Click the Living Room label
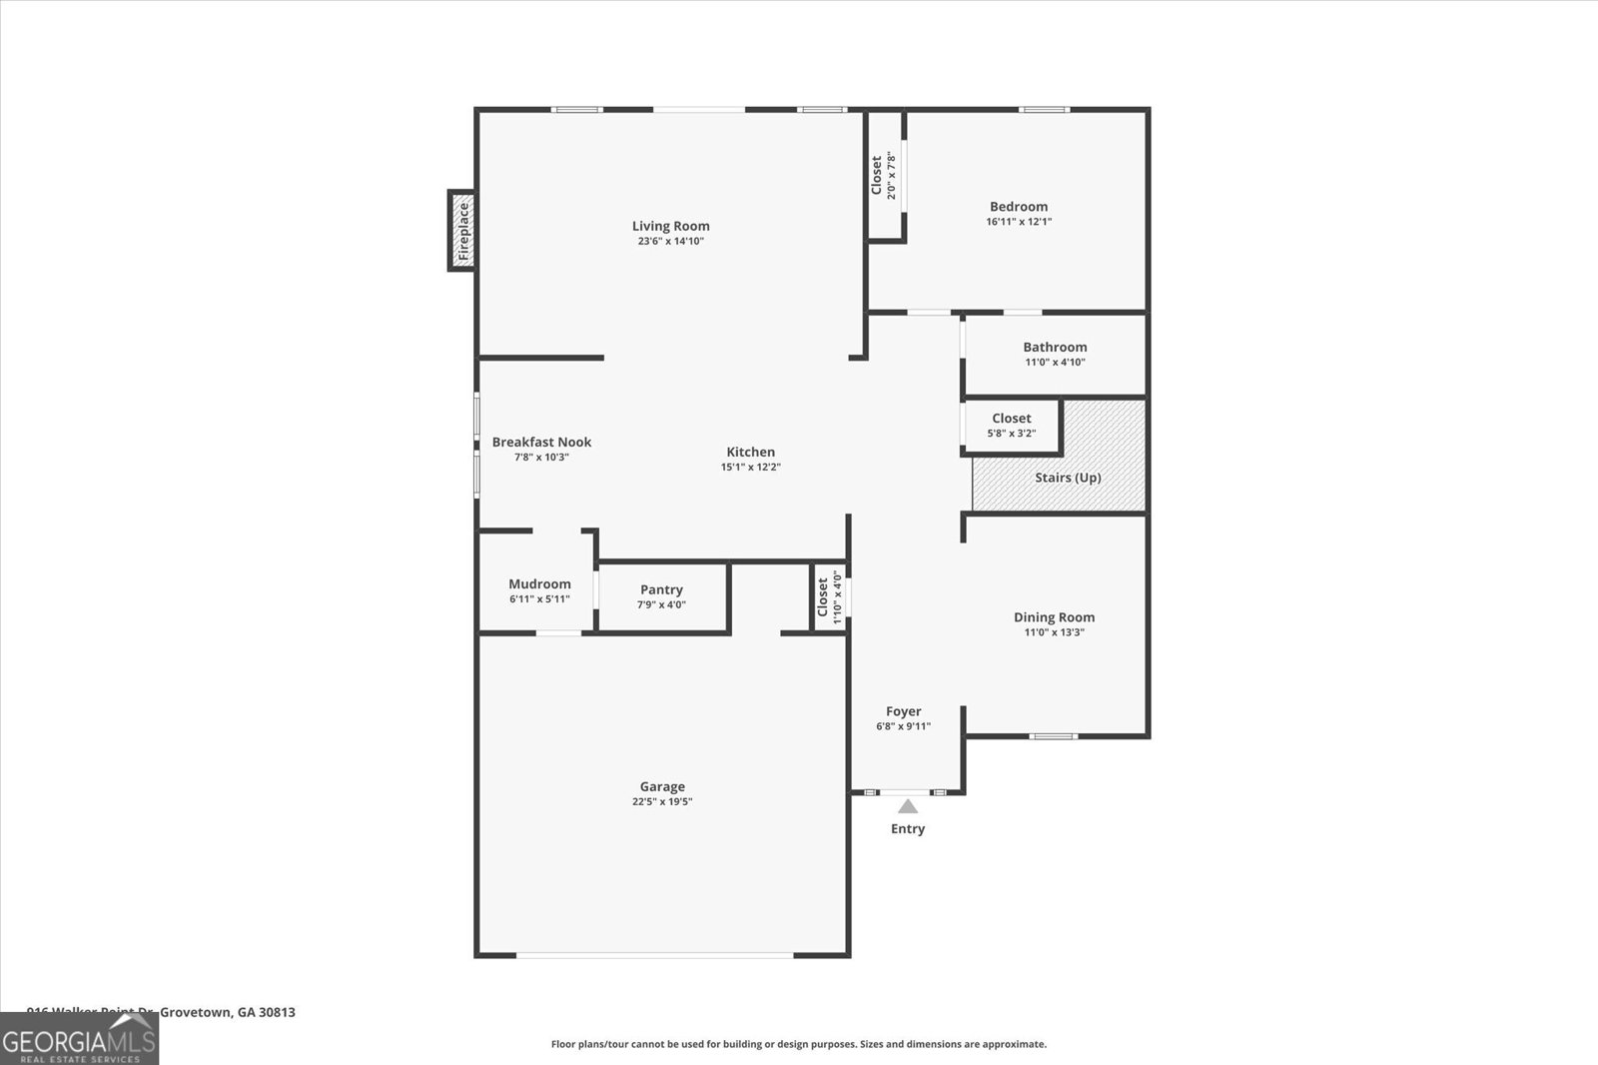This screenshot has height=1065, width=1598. coord(670,226)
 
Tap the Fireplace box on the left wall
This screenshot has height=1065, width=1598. coord(461,231)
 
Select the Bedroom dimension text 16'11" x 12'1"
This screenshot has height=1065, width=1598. coord(1019,222)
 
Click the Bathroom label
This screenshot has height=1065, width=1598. coord(1055,347)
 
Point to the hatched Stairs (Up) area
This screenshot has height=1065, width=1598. coord(1068,478)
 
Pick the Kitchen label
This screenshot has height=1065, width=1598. coord(750,452)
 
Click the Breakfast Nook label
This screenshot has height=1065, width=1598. coord(541,442)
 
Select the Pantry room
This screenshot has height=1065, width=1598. coord(661,596)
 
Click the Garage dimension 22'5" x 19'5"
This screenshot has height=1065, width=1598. coord(662,801)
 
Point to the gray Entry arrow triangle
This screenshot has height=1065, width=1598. coord(907,806)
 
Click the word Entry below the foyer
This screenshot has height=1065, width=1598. coord(907,828)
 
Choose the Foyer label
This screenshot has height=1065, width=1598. coord(903,711)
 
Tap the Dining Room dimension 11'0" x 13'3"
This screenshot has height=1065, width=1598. coord(1054,632)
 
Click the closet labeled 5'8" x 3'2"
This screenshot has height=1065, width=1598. coord(1011,426)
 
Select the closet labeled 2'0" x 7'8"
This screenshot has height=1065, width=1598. coord(883,176)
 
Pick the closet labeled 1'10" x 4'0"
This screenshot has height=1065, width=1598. coord(829,598)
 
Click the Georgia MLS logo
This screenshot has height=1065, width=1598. coord(79,1039)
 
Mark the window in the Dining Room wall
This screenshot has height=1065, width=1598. coord(1054,736)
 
